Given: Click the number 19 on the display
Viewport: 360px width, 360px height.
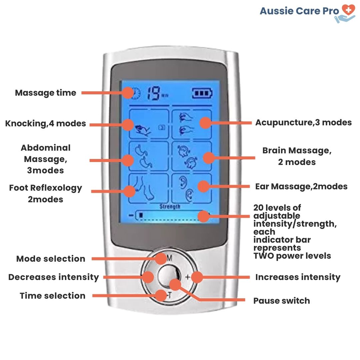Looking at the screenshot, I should pyautogui.click(x=153, y=93).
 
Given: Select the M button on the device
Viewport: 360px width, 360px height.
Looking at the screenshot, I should pyautogui.click(x=169, y=258).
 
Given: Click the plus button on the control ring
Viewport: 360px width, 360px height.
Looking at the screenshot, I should pyautogui.click(x=188, y=277).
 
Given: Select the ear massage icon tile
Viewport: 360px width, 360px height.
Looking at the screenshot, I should pyautogui.click(x=192, y=188).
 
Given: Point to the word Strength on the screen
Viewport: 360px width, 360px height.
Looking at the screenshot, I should pyautogui.click(x=170, y=207).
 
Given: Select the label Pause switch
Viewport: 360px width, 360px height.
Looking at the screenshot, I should pyautogui.click(x=282, y=301).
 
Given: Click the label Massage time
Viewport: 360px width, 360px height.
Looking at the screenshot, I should pyautogui.click(x=46, y=93).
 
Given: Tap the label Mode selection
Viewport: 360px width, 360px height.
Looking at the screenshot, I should pyautogui.click(x=51, y=259).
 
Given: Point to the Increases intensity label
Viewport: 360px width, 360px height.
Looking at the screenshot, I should pyautogui.click(x=298, y=277).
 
